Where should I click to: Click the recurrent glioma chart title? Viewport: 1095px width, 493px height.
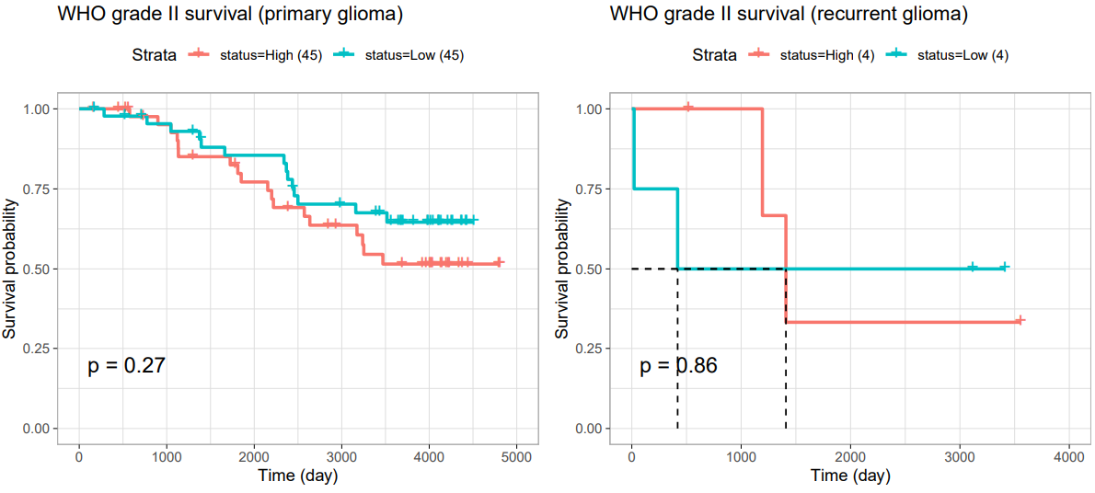click(x=789, y=16)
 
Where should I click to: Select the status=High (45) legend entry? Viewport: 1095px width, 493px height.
click(x=255, y=56)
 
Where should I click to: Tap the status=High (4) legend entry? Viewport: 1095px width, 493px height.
click(x=809, y=56)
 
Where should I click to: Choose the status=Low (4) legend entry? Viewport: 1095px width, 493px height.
click(x=943, y=56)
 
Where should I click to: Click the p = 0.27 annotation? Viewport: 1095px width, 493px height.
click(x=126, y=365)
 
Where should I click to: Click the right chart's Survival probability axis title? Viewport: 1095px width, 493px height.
click(x=563, y=269)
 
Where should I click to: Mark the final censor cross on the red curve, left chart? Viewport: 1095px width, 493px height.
click(x=499, y=262)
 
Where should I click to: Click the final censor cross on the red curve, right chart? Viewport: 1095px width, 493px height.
click(x=1020, y=320)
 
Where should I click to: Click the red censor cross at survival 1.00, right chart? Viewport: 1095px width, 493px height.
click(x=688, y=107)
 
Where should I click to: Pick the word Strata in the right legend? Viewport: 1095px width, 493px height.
click(x=714, y=56)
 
